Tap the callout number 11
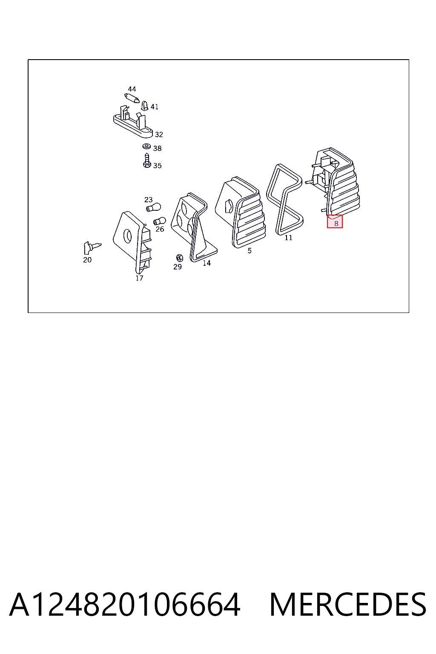pyautogui.click(x=288, y=238)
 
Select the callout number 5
pyautogui.click(x=250, y=250)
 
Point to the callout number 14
pyautogui.click(x=207, y=263)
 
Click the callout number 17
pyautogui.click(x=139, y=278)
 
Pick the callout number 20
pyautogui.click(x=87, y=260)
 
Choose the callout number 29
pyautogui.click(x=178, y=267)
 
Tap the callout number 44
pyautogui.click(x=132, y=89)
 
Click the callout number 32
pyautogui.click(x=159, y=135)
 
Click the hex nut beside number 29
pyautogui.click(x=179, y=258)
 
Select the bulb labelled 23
pyautogui.click(x=153, y=208)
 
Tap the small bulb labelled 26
pyautogui.click(x=159, y=221)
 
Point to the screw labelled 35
pyautogui.click(x=146, y=161)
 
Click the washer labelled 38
pyautogui.click(x=146, y=146)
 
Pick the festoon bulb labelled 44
pyautogui.click(x=132, y=98)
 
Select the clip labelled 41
pyautogui.click(x=145, y=106)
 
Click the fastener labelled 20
pyautogui.click(x=92, y=247)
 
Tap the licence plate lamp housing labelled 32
pyautogui.click(x=133, y=123)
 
